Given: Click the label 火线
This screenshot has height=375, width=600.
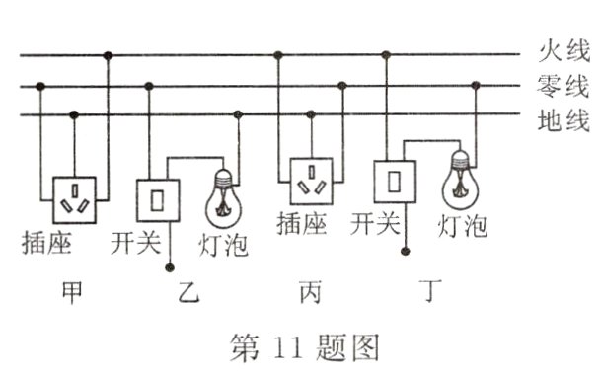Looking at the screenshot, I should point(562,50).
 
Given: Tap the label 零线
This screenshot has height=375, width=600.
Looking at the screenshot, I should point(562,86).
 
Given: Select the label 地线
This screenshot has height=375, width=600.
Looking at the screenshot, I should point(562,122).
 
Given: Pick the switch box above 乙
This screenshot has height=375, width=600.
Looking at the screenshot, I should point(157,201).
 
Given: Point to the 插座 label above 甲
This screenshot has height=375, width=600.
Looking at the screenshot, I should point(46,243).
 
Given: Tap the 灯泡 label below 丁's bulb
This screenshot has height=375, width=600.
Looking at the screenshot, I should point(463,226).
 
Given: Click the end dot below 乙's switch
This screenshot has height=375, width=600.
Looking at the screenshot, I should point(171,266).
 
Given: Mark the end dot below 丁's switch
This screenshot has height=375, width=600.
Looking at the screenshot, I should point(404,253).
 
